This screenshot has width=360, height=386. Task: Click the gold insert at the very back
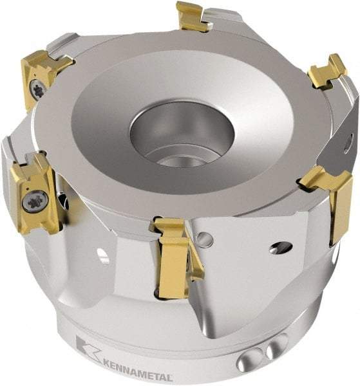(x=193, y=16)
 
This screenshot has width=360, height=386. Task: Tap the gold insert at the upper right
(x=327, y=71)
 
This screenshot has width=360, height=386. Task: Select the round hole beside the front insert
(x=205, y=240)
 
